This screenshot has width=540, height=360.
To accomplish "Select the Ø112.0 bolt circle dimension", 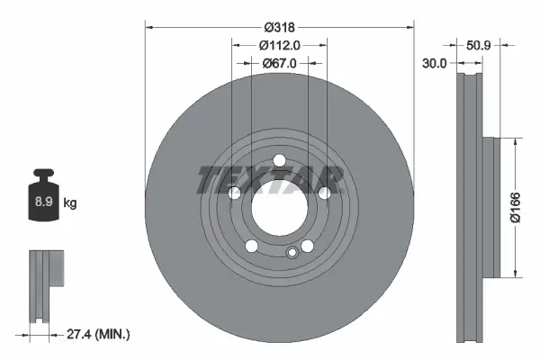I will click(x=279, y=45).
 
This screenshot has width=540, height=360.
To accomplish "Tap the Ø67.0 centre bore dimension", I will click(x=279, y=64).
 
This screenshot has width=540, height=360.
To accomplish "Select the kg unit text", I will click(x=70, y=203).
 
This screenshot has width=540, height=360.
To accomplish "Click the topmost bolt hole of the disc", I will click(x=279, y=161).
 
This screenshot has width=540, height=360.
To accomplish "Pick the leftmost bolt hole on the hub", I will click(x=234, y=193).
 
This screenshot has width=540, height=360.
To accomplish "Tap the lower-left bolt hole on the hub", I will click(x=251, y=247).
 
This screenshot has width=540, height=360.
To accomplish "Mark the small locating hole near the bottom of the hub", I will click(x=291, y=253).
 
